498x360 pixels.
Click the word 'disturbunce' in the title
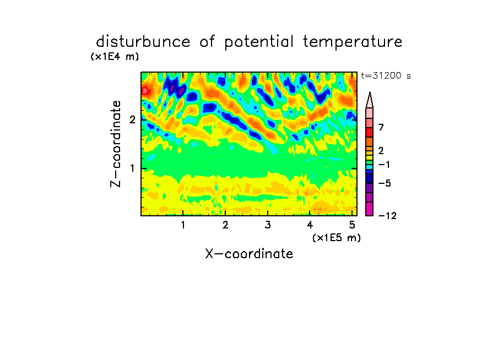click(143, 42)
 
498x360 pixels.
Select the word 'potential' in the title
click(259, 42)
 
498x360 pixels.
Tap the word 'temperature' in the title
click(353, 42)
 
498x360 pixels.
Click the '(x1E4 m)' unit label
click(115, 57)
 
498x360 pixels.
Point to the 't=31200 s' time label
click(386, 75)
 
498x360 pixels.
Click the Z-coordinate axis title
click(116, 144)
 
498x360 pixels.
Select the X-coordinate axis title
click(249, 254)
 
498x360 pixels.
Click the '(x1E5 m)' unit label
click(337, 237)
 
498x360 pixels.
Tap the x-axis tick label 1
click(183, 225)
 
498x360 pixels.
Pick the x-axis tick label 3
click(268, 225)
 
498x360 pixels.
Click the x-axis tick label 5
click(352, 225)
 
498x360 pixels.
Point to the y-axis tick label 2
click(132, 119)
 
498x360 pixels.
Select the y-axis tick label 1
click(132, 168)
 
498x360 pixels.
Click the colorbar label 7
click(381, 128)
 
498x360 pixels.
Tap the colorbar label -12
click(387, 216)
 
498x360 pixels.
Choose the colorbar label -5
click(385, 183)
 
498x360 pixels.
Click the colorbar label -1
click(384, 165)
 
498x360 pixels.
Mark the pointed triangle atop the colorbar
click(370, 100)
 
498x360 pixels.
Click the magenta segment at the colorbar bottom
click(370, 209)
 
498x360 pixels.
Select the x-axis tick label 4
click(310, 225)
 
